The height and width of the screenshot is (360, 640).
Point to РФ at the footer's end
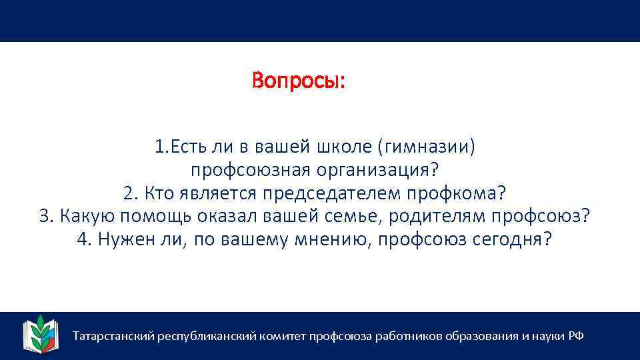[576, 336]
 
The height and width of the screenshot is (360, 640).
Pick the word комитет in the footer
[282, 336]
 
